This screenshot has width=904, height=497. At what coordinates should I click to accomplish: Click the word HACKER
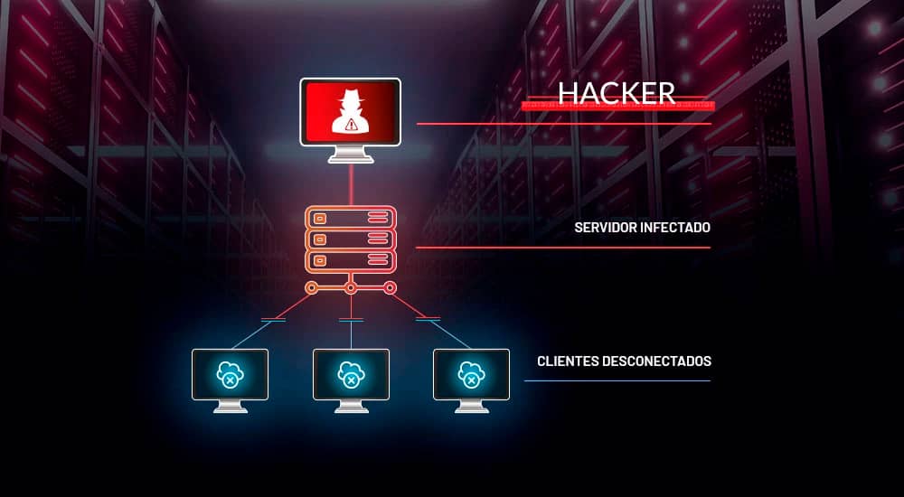coord(616,92)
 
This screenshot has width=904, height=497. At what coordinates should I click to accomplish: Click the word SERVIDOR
coord(605,228)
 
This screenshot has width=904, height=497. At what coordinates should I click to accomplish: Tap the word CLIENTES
coord(566,361)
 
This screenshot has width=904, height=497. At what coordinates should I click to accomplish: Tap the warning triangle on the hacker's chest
coord(351,125)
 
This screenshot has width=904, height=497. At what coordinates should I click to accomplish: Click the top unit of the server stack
coord(351,218)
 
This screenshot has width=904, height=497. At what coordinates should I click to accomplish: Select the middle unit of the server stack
coord(351,239)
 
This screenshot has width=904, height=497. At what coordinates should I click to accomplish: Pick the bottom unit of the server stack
coord(351,261)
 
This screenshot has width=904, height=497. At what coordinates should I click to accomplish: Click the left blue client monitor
coord(231,373)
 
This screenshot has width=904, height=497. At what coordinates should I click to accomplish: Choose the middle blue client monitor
coord(351,373)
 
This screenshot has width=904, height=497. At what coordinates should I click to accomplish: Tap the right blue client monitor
coord(471,373)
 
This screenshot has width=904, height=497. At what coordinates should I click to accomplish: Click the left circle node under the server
coord(311,288)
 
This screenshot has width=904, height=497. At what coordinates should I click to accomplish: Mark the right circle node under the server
coord(391,288)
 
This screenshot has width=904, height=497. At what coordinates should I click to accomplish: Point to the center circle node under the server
coord(351,288)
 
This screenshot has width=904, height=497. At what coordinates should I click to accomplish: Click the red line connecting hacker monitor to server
coord(351,185)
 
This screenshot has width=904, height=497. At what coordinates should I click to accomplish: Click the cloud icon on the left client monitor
coord(230,372)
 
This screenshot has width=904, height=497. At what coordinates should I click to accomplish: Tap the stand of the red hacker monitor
coord(351,155)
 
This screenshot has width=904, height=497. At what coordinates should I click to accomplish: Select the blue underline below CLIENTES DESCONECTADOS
coord(617,380)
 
